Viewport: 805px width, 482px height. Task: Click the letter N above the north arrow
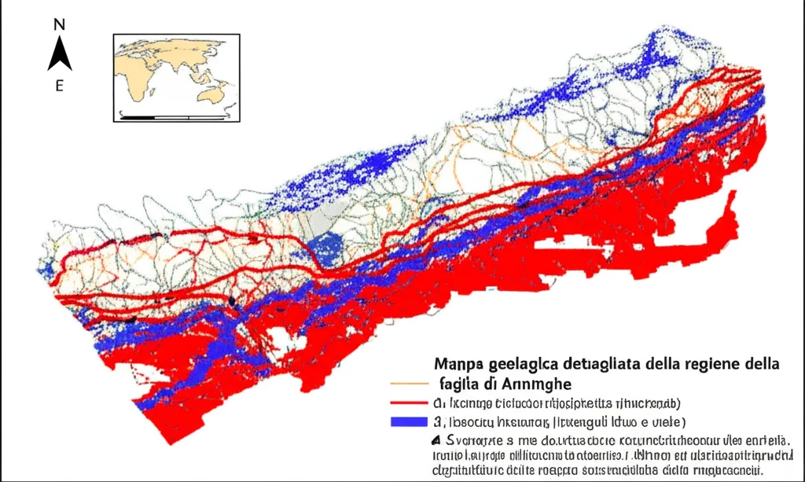pos(59,25)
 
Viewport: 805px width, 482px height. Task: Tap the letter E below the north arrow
pos(59,86)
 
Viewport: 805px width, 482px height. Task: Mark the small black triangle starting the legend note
pos(436,440)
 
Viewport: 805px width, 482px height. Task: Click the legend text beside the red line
pos(558,403)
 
